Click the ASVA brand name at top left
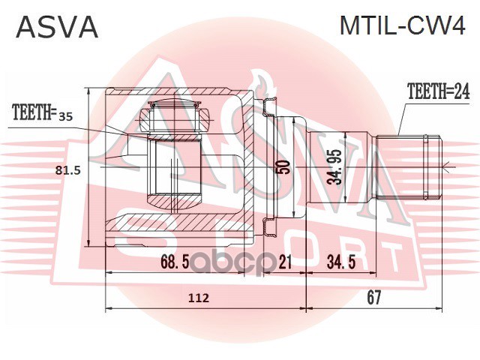click(57, 27)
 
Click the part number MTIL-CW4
click(403, 25)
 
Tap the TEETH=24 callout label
click(438, 91)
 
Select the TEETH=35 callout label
click(42, 112)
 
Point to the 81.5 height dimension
click(68, 170)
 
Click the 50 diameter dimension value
click(284, 166)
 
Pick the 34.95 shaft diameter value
click(334, 167)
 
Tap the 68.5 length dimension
click(175, 262)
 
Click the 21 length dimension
click(285, 262)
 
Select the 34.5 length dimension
click(341, 262)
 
